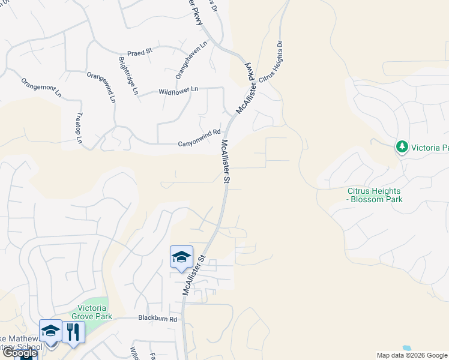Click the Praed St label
coord(140,52)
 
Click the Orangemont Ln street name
coord(41,88)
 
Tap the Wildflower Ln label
coord(178,91)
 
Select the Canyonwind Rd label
coord(199,143)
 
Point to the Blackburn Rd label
coord(157,319)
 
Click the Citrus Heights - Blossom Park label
coord(375,195)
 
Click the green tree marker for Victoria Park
coord(402,146)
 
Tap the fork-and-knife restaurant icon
coord(73,331)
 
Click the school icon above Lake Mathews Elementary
coord(50,331)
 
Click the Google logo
coord(19,353)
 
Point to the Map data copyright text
coord(411,355)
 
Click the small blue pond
coord(408,347)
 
